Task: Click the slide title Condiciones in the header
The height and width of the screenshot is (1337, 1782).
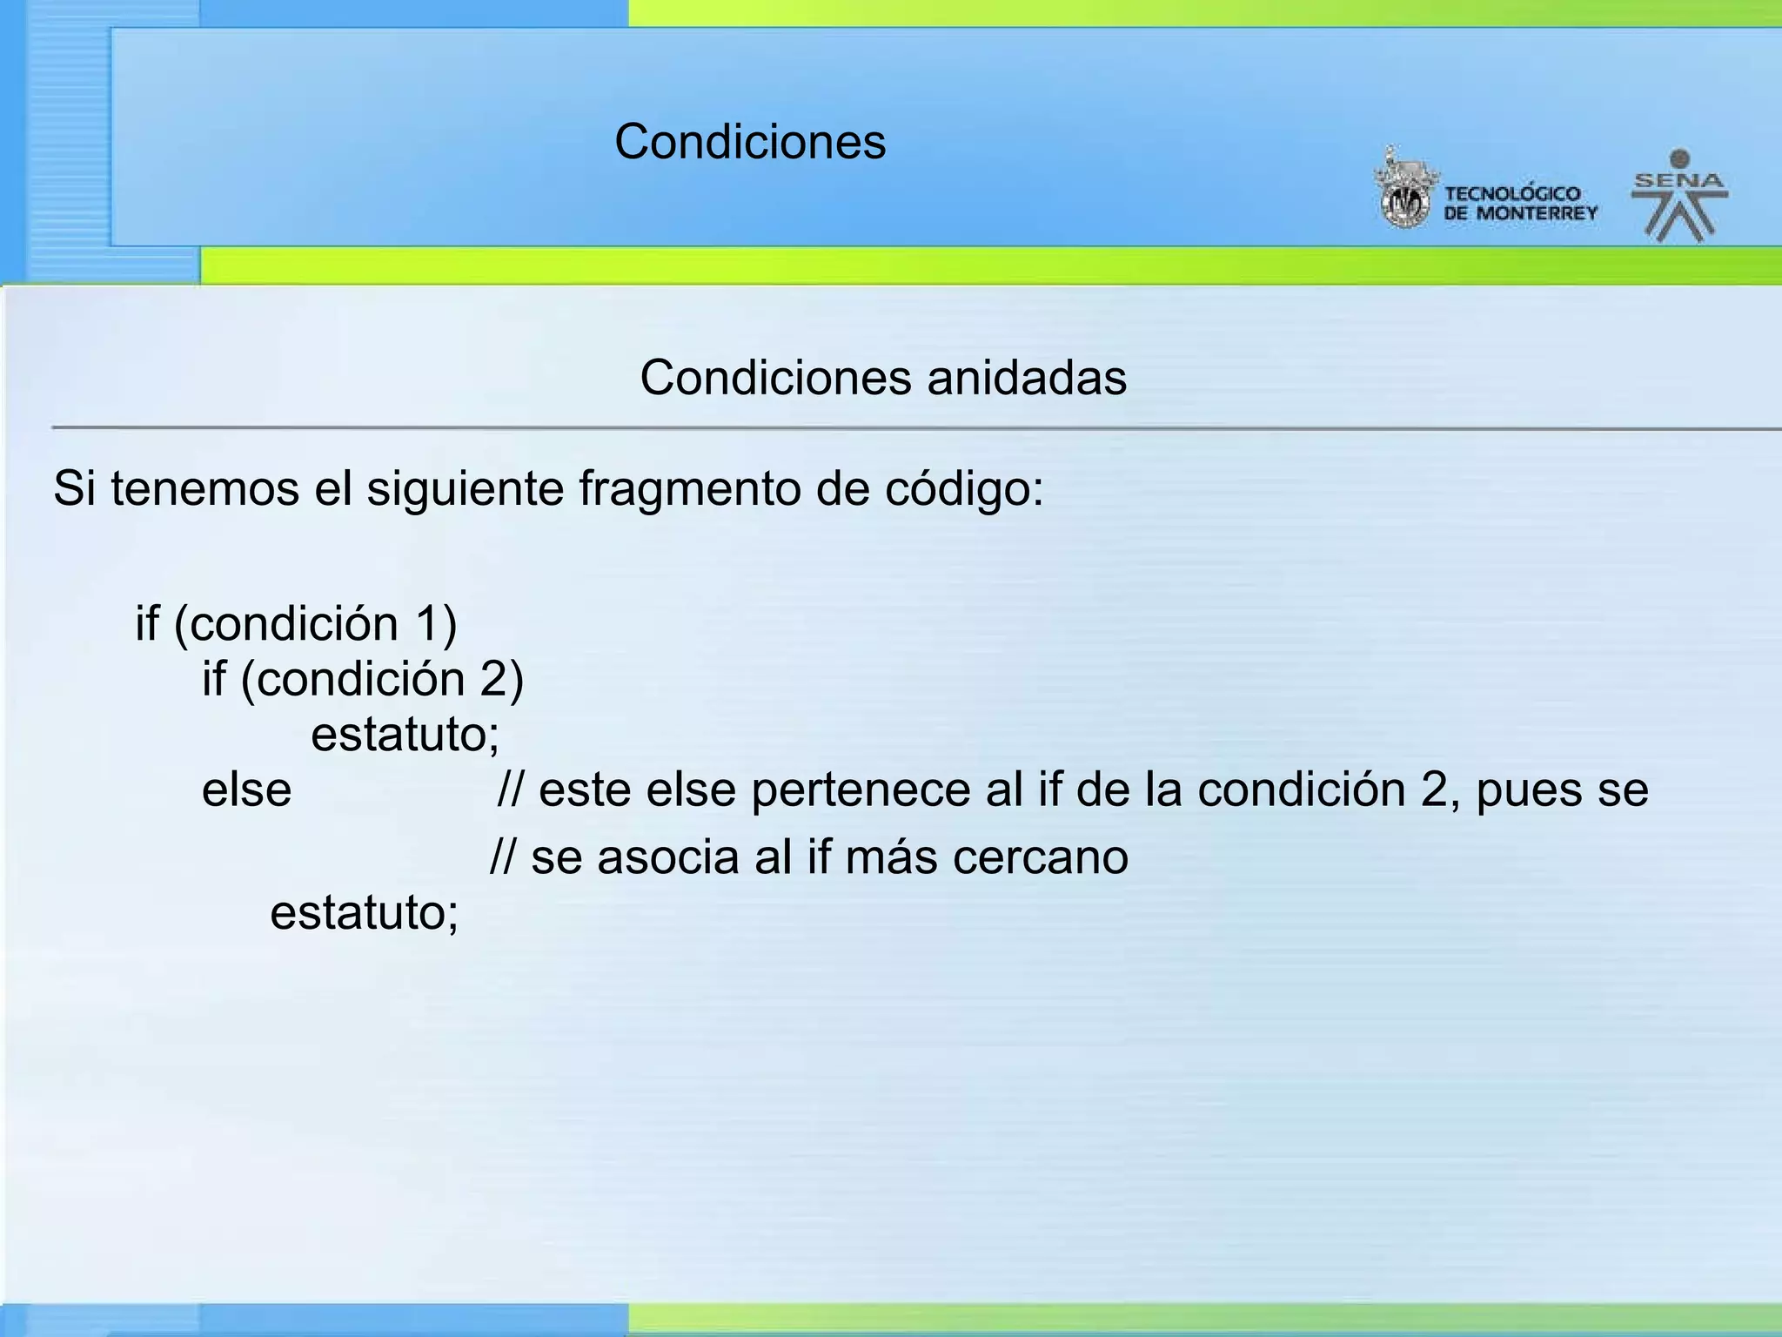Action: [750, 142]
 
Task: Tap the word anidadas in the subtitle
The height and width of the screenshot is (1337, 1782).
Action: [1027, 379]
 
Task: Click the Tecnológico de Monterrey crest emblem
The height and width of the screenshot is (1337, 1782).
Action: [1403, 191]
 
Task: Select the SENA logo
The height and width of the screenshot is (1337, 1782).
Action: [1678, 196]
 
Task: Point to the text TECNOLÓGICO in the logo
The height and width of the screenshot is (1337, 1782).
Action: [1512, 193]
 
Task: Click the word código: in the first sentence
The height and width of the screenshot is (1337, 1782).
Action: [964, 488]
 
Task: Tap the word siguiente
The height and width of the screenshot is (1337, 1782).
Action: [466, 488]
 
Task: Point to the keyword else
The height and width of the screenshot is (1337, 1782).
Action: [246, 790]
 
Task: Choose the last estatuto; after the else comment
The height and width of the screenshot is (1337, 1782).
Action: [364, 913]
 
